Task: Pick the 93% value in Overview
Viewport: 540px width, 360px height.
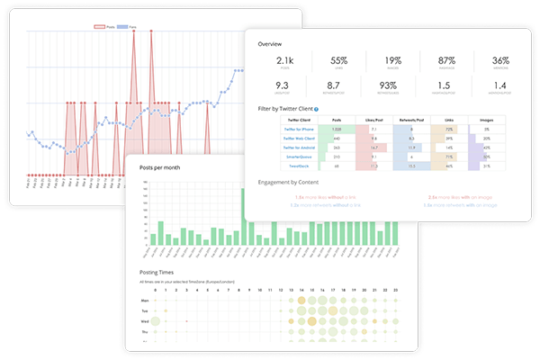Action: click(x=391, y=86)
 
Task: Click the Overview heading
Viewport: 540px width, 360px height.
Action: click(x=270, y=43)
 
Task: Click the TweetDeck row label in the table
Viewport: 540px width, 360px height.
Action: click(x=296, y=166)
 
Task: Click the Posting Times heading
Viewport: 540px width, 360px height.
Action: click(x=155, y=271)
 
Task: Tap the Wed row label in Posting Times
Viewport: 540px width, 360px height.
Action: click(x=144, y=319)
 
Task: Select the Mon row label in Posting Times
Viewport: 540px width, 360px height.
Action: click(x=144, y=300)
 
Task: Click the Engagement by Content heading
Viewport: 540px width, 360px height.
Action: click(x=290, y=184)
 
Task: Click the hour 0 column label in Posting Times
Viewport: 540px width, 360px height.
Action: click(x=155, y=289)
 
